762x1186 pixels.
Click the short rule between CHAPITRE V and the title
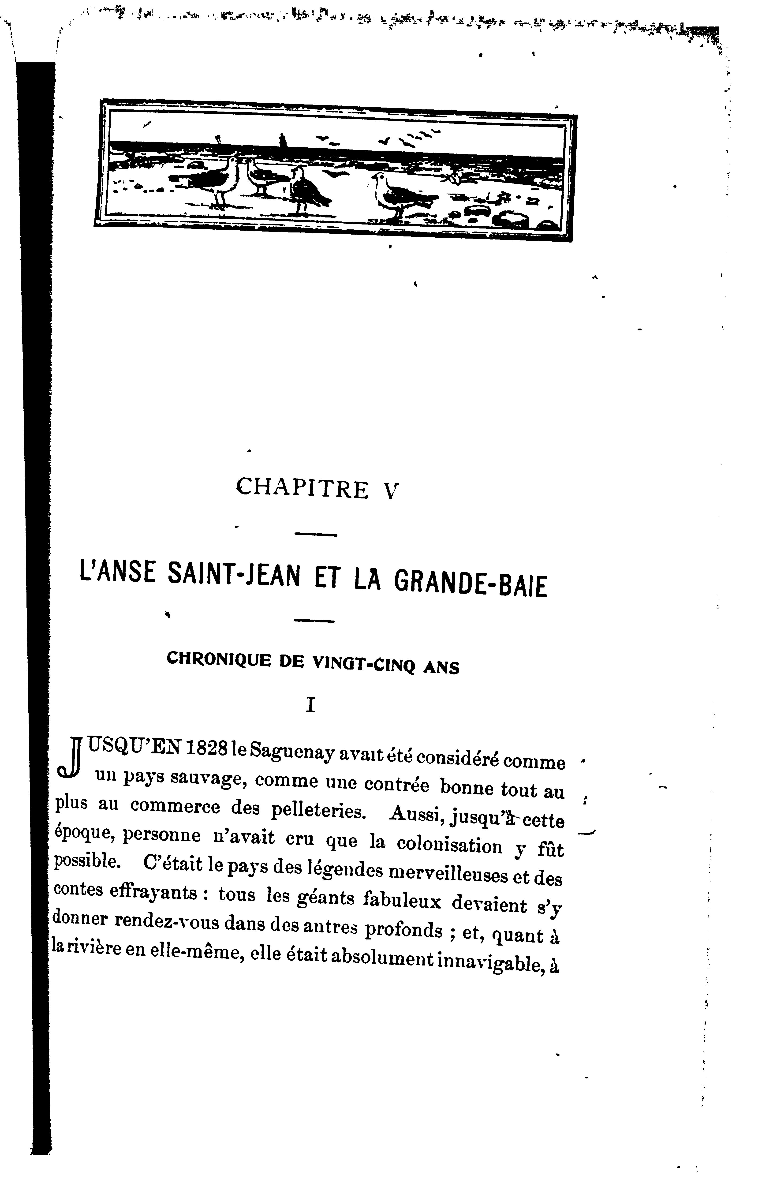(316, 534)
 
